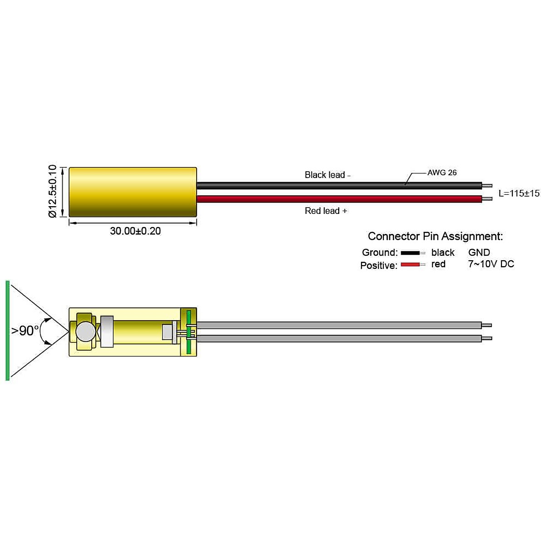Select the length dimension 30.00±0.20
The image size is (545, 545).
click(x=135, y=231)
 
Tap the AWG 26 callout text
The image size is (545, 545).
click(x=442, y=173)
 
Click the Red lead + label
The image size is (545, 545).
click(x=326, y=211)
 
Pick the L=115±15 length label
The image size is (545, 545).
click(x=519, y=193)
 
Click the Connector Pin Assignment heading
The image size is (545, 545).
click(x=435, y=236)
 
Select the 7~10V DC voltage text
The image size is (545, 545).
click(x=491, y=264)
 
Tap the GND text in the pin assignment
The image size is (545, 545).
click(x=479, y=253)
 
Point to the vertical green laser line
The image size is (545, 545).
click(x=8, y=330)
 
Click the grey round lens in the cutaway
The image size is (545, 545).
click(x=85, y=331)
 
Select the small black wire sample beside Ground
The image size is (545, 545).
click(x=410, y=253)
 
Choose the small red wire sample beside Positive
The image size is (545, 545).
click(x=410, y=265)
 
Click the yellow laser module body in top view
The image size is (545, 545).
click(x=132, y=191)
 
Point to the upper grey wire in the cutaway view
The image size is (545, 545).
click(x=338, y=325)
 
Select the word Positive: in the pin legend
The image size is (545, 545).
click(x=379, y=266)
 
